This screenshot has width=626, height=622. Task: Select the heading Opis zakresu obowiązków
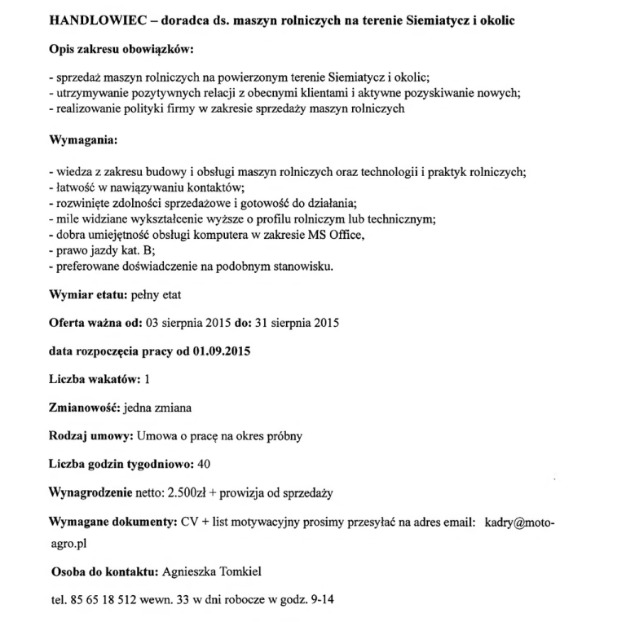click(120, 51)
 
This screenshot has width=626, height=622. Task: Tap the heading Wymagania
click(83, 141)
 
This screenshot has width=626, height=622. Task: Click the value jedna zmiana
click(162, 408)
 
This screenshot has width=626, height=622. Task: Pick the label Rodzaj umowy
click(91, 436)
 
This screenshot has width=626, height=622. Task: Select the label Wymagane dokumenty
click(112, 521)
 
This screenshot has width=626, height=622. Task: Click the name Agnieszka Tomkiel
click(214, 571)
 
